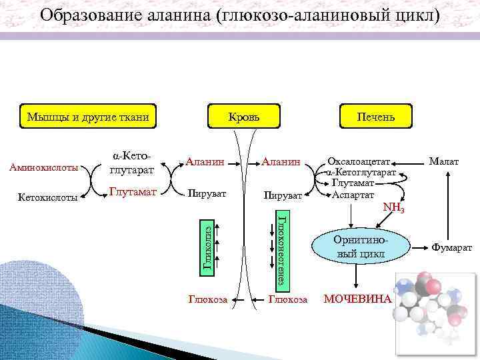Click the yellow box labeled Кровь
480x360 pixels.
pos(244,117)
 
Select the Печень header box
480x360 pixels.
pos(375,117)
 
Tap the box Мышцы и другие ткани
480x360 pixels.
pos(87,117)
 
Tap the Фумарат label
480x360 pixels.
pos(452,247)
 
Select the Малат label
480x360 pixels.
pos(444,162)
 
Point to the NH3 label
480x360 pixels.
pos(394,207)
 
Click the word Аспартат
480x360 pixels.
pos(354,195)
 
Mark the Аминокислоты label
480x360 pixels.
pos(43,167)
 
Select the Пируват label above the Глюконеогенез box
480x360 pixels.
pos(283,195)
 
